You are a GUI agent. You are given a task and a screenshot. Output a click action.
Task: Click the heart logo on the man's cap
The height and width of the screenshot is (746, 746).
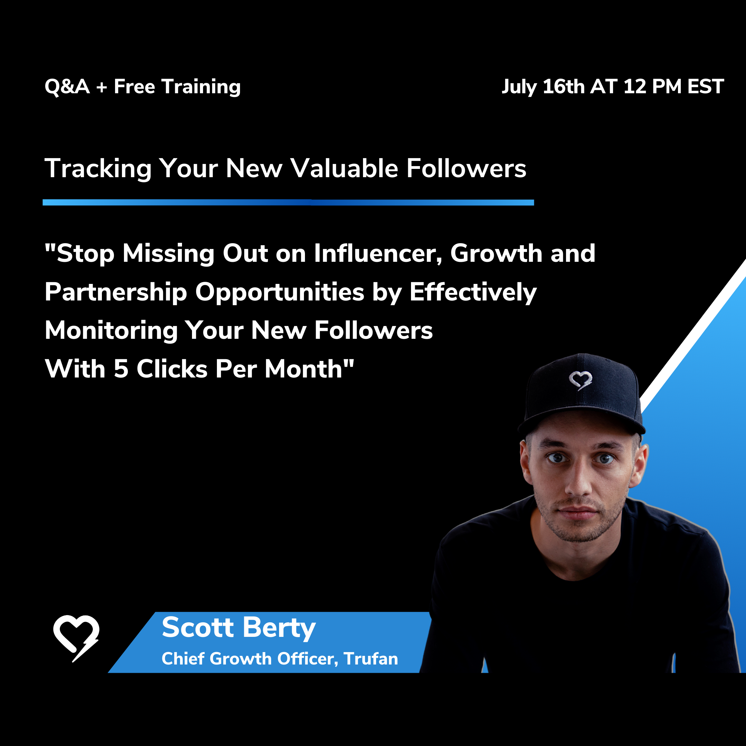(x=580, y=380)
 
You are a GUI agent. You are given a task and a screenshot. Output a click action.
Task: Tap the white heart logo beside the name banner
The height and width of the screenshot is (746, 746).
(x=76, y=638)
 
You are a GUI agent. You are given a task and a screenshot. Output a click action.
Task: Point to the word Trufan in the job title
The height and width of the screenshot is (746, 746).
(x=371, y=659)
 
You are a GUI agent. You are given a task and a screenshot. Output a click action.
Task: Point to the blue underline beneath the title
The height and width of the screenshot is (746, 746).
(x=288, y=202)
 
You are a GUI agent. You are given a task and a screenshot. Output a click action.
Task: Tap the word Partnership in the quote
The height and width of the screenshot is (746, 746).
(x=116, y=293)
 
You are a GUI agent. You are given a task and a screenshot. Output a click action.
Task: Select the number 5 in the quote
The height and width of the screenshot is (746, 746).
(x=121, y=369)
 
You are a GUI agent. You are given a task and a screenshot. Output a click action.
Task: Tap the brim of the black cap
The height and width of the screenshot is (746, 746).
(x=582, y=421)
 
